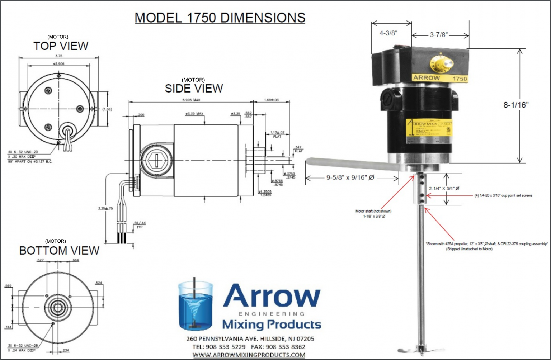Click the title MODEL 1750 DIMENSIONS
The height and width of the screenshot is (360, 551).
click(220, 18)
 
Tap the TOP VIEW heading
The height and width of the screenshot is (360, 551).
click(61, 46)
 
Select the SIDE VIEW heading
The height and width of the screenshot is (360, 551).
click(194, 88)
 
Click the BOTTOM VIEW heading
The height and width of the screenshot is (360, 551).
click(59, 250)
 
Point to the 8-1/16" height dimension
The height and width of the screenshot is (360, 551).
click(516, 105)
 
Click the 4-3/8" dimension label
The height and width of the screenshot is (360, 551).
click(388, 33)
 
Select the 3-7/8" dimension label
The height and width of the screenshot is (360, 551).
click(439, 35)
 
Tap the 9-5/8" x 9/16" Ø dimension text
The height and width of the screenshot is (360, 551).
click(350, 177)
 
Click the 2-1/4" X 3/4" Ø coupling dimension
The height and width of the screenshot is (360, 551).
click(444, 188)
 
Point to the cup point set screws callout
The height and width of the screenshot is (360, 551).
click(503, 195)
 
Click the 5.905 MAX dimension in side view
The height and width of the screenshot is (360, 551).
click(191, 100)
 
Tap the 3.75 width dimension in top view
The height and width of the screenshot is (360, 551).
click(59, 56)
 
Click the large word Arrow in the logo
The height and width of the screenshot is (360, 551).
click(272, 296)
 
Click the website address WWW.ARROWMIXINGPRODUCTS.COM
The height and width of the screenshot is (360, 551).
click(249, 355)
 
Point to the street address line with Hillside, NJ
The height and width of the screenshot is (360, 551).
click(250, 338)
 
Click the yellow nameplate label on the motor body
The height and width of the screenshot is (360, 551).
click(428, 131)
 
